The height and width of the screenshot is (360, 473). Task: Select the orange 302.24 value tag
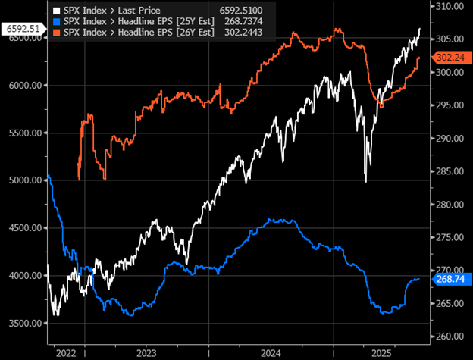point(446,57)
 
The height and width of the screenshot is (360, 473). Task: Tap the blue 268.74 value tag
point(446,279)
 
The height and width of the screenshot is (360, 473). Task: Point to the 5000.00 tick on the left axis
point(25,180)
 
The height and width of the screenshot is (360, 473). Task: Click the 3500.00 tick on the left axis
point(25,324)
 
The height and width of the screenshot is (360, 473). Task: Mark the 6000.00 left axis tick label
point(25,86)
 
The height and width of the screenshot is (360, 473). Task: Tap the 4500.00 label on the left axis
point(25,228)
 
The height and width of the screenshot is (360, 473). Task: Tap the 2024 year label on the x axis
point(271,352)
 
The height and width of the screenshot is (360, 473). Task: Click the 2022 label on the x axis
point(65,352)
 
